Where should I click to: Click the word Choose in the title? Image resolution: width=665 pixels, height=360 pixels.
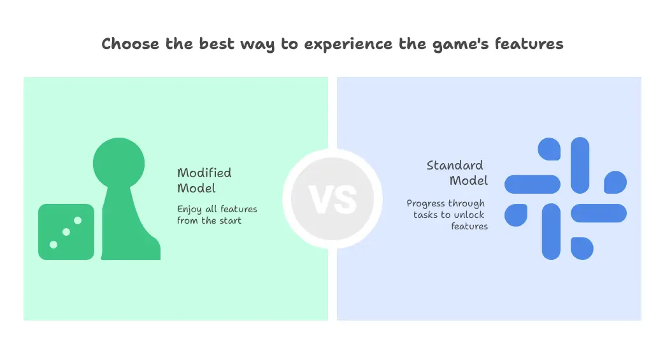130,44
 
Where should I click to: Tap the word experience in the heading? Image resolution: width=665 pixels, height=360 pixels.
348,45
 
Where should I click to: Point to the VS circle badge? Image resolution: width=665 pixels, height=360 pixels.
332,199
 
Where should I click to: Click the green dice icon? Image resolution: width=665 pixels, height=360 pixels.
66,232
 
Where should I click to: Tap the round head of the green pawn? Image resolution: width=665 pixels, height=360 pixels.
118,163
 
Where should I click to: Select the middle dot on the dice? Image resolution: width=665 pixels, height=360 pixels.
66,232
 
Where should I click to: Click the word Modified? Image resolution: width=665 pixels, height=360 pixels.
204,173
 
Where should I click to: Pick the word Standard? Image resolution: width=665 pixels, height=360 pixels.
455,166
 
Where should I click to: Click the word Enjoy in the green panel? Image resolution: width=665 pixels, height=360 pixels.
189,210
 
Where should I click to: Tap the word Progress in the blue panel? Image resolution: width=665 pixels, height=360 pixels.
425,204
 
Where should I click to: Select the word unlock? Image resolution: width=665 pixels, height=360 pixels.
469,215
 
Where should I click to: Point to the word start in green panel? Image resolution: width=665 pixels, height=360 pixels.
231,221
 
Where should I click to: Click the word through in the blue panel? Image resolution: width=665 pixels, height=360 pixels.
466,204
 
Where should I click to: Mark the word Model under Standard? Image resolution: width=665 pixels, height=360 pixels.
469,180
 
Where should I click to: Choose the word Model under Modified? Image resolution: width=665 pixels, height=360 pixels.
196,188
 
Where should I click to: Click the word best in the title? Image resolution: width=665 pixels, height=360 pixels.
217,44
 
